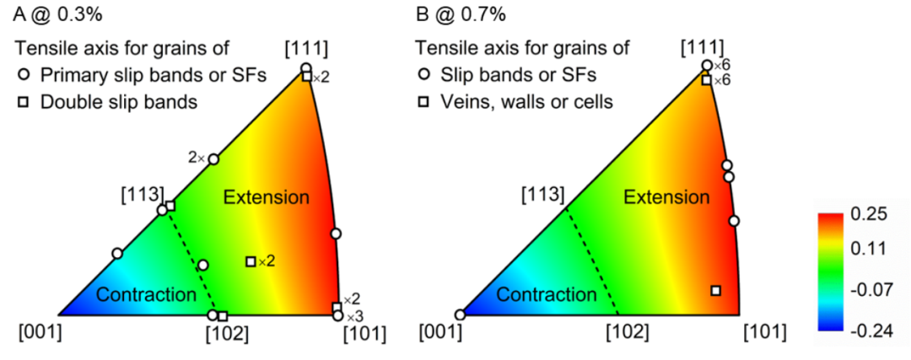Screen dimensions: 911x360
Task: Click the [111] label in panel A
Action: click(307, 50)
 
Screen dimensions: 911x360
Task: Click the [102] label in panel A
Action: click(228, 334)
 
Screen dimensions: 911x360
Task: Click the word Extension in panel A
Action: click(267, 197)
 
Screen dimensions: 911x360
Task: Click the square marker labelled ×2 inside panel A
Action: click(251, 261)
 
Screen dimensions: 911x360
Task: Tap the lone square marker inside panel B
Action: click(716, 290)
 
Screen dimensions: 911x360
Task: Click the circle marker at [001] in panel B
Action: click(461, 314)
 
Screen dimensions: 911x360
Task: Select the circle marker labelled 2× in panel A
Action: click(213, 159)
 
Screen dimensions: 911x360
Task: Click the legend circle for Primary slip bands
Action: click(24, 75)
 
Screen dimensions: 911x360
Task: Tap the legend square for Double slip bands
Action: click(24, 102)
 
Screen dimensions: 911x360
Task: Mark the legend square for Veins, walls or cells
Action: click(424, 102)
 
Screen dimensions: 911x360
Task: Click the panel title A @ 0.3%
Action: click(57, 14)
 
